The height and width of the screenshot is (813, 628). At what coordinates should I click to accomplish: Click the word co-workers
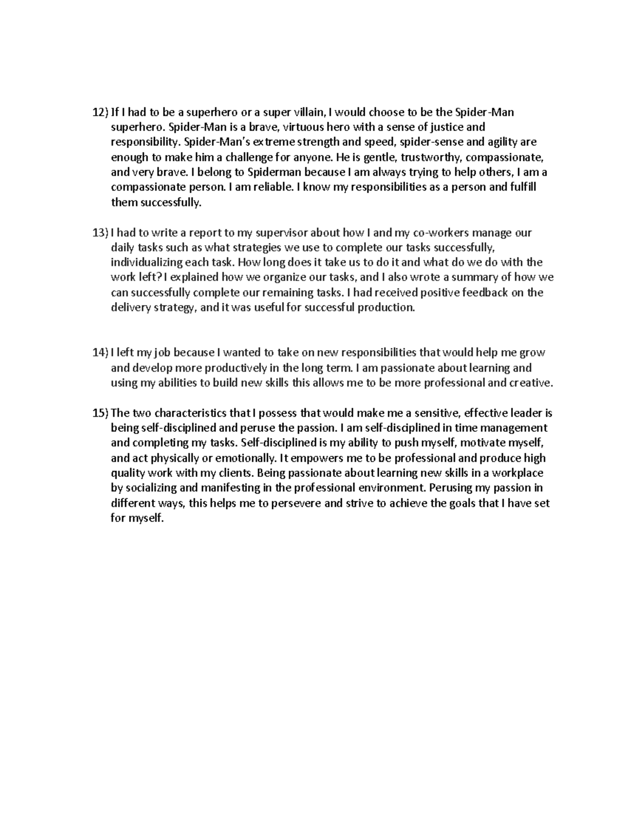(438, 232)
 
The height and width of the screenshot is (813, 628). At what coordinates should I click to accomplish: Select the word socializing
(152, 488)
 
